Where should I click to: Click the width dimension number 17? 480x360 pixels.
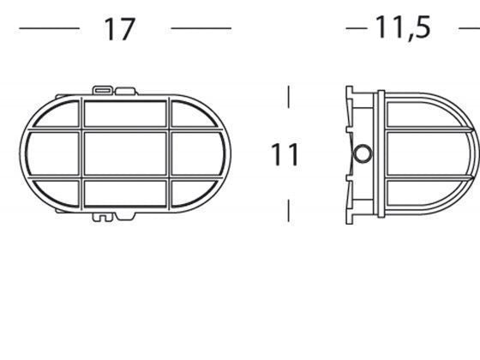coord(120,29)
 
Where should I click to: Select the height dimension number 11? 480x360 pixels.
coord(285,156)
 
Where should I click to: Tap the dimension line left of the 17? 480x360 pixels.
coord(49,28)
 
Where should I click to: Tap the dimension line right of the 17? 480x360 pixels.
coord(201,28)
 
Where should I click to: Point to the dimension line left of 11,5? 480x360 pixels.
coord(357,28)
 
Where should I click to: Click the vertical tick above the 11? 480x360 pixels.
coord(289,96)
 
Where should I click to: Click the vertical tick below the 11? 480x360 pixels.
coord(289,209)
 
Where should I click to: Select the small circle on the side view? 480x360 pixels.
coord(363,154)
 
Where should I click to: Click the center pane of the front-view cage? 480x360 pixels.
coord(126,153)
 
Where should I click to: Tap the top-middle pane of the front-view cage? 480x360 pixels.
coord(126,111)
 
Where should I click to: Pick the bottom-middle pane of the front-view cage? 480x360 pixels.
coord(126,194)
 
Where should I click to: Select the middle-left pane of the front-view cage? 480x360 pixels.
coord(54,153)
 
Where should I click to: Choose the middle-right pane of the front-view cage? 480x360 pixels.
coord(199,153)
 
